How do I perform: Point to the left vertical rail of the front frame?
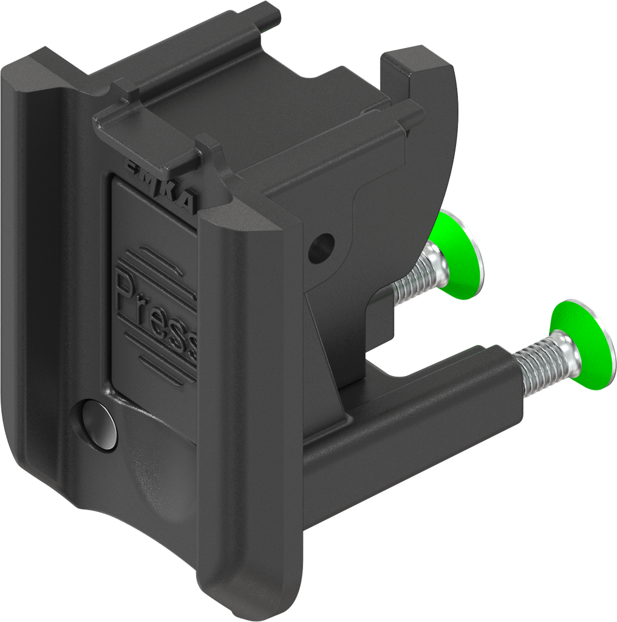(36, 273)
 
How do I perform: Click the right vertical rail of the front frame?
(249, 395)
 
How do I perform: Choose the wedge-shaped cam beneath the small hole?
(328, 340)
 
